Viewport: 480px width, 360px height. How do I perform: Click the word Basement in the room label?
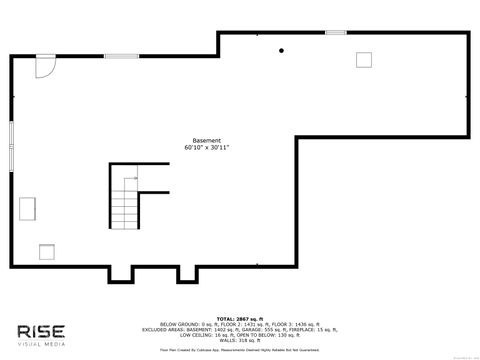coord(207,140)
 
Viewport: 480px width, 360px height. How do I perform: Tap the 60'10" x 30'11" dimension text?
coord(207,148)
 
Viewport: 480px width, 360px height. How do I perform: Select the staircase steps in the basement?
coord(123,208)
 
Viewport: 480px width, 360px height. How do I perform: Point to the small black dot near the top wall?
coord(282,50)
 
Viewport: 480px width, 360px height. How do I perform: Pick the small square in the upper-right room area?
coord(363,59)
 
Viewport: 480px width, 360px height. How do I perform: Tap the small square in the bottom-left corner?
coord(47,251)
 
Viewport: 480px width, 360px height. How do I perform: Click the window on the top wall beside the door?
coord(122,56)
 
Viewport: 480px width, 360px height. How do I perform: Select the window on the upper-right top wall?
coord(335,33)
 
